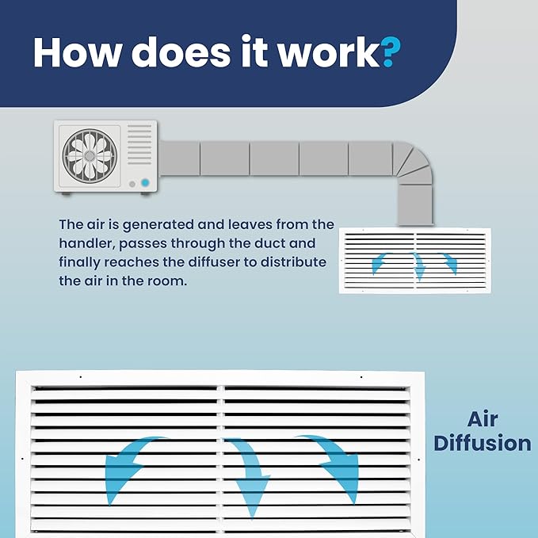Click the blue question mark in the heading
[x=391, y=52]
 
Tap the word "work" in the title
[x=328, y=51]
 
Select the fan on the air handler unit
[x=90, y=156]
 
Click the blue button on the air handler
[x=145, y=182]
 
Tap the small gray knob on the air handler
[x=132, y=185]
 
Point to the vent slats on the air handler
[x=139, y=145]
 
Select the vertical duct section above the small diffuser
[x=415, y=205]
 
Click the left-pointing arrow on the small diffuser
[x=380, y=262]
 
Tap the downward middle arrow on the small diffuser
[x=418, y=265]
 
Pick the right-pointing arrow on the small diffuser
[x=449, y=262]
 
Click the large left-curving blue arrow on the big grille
[x=127, y=464]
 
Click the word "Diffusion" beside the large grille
[x=483, y=443]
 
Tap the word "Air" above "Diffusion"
[x=483, y=419]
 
